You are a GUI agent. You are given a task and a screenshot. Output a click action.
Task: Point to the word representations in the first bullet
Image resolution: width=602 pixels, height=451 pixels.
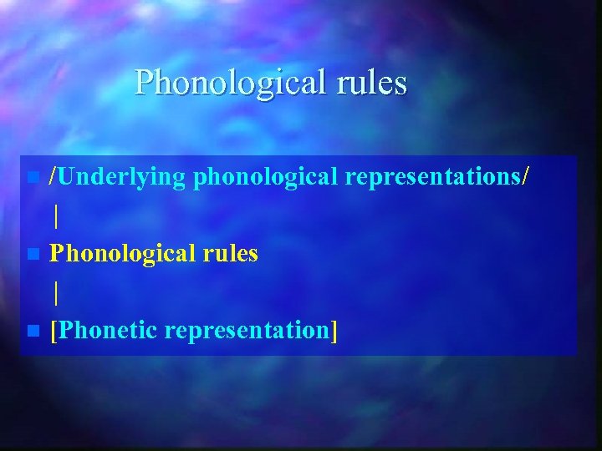point(434,177)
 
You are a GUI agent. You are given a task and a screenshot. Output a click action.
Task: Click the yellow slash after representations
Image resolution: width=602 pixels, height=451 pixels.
point(525,176)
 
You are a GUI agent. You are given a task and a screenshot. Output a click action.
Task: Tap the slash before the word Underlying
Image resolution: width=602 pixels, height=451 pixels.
point(53,176)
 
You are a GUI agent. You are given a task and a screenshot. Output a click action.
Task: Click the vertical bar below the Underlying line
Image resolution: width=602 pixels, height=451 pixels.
point(56,216)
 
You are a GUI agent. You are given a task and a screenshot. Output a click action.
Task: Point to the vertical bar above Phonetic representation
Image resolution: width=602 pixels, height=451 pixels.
point(56,292)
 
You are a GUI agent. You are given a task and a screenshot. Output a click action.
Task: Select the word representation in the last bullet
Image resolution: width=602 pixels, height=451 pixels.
point(246,331)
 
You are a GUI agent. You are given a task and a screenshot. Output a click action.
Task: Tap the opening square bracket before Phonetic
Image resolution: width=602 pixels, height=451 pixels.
point(54,331)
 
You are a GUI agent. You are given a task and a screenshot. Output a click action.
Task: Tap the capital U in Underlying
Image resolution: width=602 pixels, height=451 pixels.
point(68,176)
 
